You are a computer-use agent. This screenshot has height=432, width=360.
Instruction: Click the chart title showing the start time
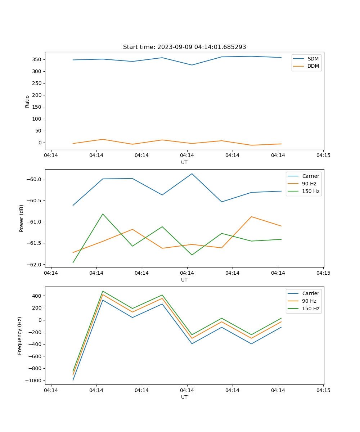click(184, 47)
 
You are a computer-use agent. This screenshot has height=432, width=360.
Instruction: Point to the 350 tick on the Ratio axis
click(37, 59)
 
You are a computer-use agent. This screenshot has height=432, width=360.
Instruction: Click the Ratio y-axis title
click(27, 102)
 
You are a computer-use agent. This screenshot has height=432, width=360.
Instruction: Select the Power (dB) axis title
click(22, 218)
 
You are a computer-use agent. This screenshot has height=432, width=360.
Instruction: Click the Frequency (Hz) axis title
click(20, 336)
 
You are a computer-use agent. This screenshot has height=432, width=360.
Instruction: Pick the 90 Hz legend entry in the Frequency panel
click(309, 301)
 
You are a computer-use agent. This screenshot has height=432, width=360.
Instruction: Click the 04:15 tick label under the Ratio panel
click(323, 156)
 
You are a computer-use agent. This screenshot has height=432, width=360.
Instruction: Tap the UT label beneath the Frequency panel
click(184, 397)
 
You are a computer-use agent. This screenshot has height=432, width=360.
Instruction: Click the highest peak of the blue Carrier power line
click(192, 174)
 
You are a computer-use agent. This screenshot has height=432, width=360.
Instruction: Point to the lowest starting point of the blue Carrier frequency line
click(73, 380)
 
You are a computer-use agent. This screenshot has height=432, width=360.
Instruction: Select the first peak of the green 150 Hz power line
click(103, 214)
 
